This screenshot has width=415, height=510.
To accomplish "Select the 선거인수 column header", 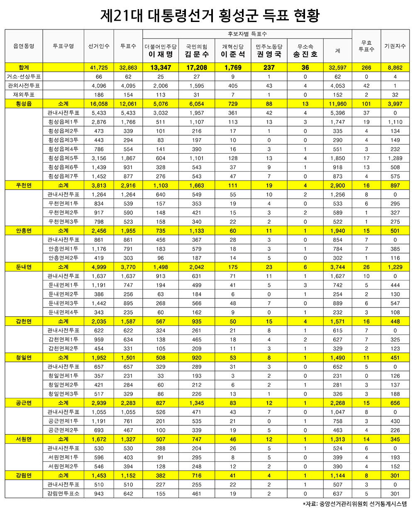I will click(99, 46).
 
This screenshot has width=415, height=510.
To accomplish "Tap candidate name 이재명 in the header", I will click(161, 54).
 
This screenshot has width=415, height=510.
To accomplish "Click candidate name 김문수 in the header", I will click(197, 54).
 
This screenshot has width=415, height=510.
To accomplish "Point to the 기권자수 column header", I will click(395, 46).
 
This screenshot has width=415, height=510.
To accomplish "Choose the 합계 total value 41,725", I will click(99, 68).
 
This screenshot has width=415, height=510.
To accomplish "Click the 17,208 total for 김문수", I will click(197, 68).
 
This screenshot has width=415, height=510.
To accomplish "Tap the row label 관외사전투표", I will click(24, 86).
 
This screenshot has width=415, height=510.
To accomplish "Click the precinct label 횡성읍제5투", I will click(63, 158).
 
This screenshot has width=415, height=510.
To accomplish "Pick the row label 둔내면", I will click(24, 267).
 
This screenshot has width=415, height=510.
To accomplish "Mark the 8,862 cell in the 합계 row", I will click(395, 68).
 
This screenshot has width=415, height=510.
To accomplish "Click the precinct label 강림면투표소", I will click(63, 493).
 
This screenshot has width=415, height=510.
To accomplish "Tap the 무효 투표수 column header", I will click(366, 46).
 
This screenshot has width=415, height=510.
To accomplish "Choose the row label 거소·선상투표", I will click(24, 77).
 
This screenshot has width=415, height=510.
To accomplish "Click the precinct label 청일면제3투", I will click(63, 394).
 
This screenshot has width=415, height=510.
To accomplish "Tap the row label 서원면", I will click(24, 439).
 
